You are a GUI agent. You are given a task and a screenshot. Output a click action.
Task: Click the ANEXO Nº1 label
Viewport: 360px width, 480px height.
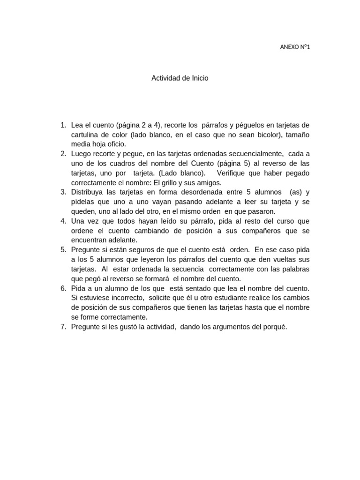pos(295,46)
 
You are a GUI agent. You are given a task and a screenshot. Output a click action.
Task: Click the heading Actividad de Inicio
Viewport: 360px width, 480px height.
pos(180,78)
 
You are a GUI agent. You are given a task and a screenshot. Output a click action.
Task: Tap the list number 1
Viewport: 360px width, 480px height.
pos(63,125)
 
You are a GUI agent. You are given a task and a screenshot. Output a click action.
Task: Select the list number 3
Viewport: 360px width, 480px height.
pos(63,192)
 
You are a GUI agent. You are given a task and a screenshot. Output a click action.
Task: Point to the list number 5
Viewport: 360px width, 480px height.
pos(63,250)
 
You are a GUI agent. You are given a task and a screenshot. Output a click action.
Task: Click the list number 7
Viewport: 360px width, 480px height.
pos(63,327)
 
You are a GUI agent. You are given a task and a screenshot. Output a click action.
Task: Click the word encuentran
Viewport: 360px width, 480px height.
pos(89,240)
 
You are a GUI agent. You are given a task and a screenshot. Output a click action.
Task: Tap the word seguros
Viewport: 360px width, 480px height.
pos(140,250)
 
